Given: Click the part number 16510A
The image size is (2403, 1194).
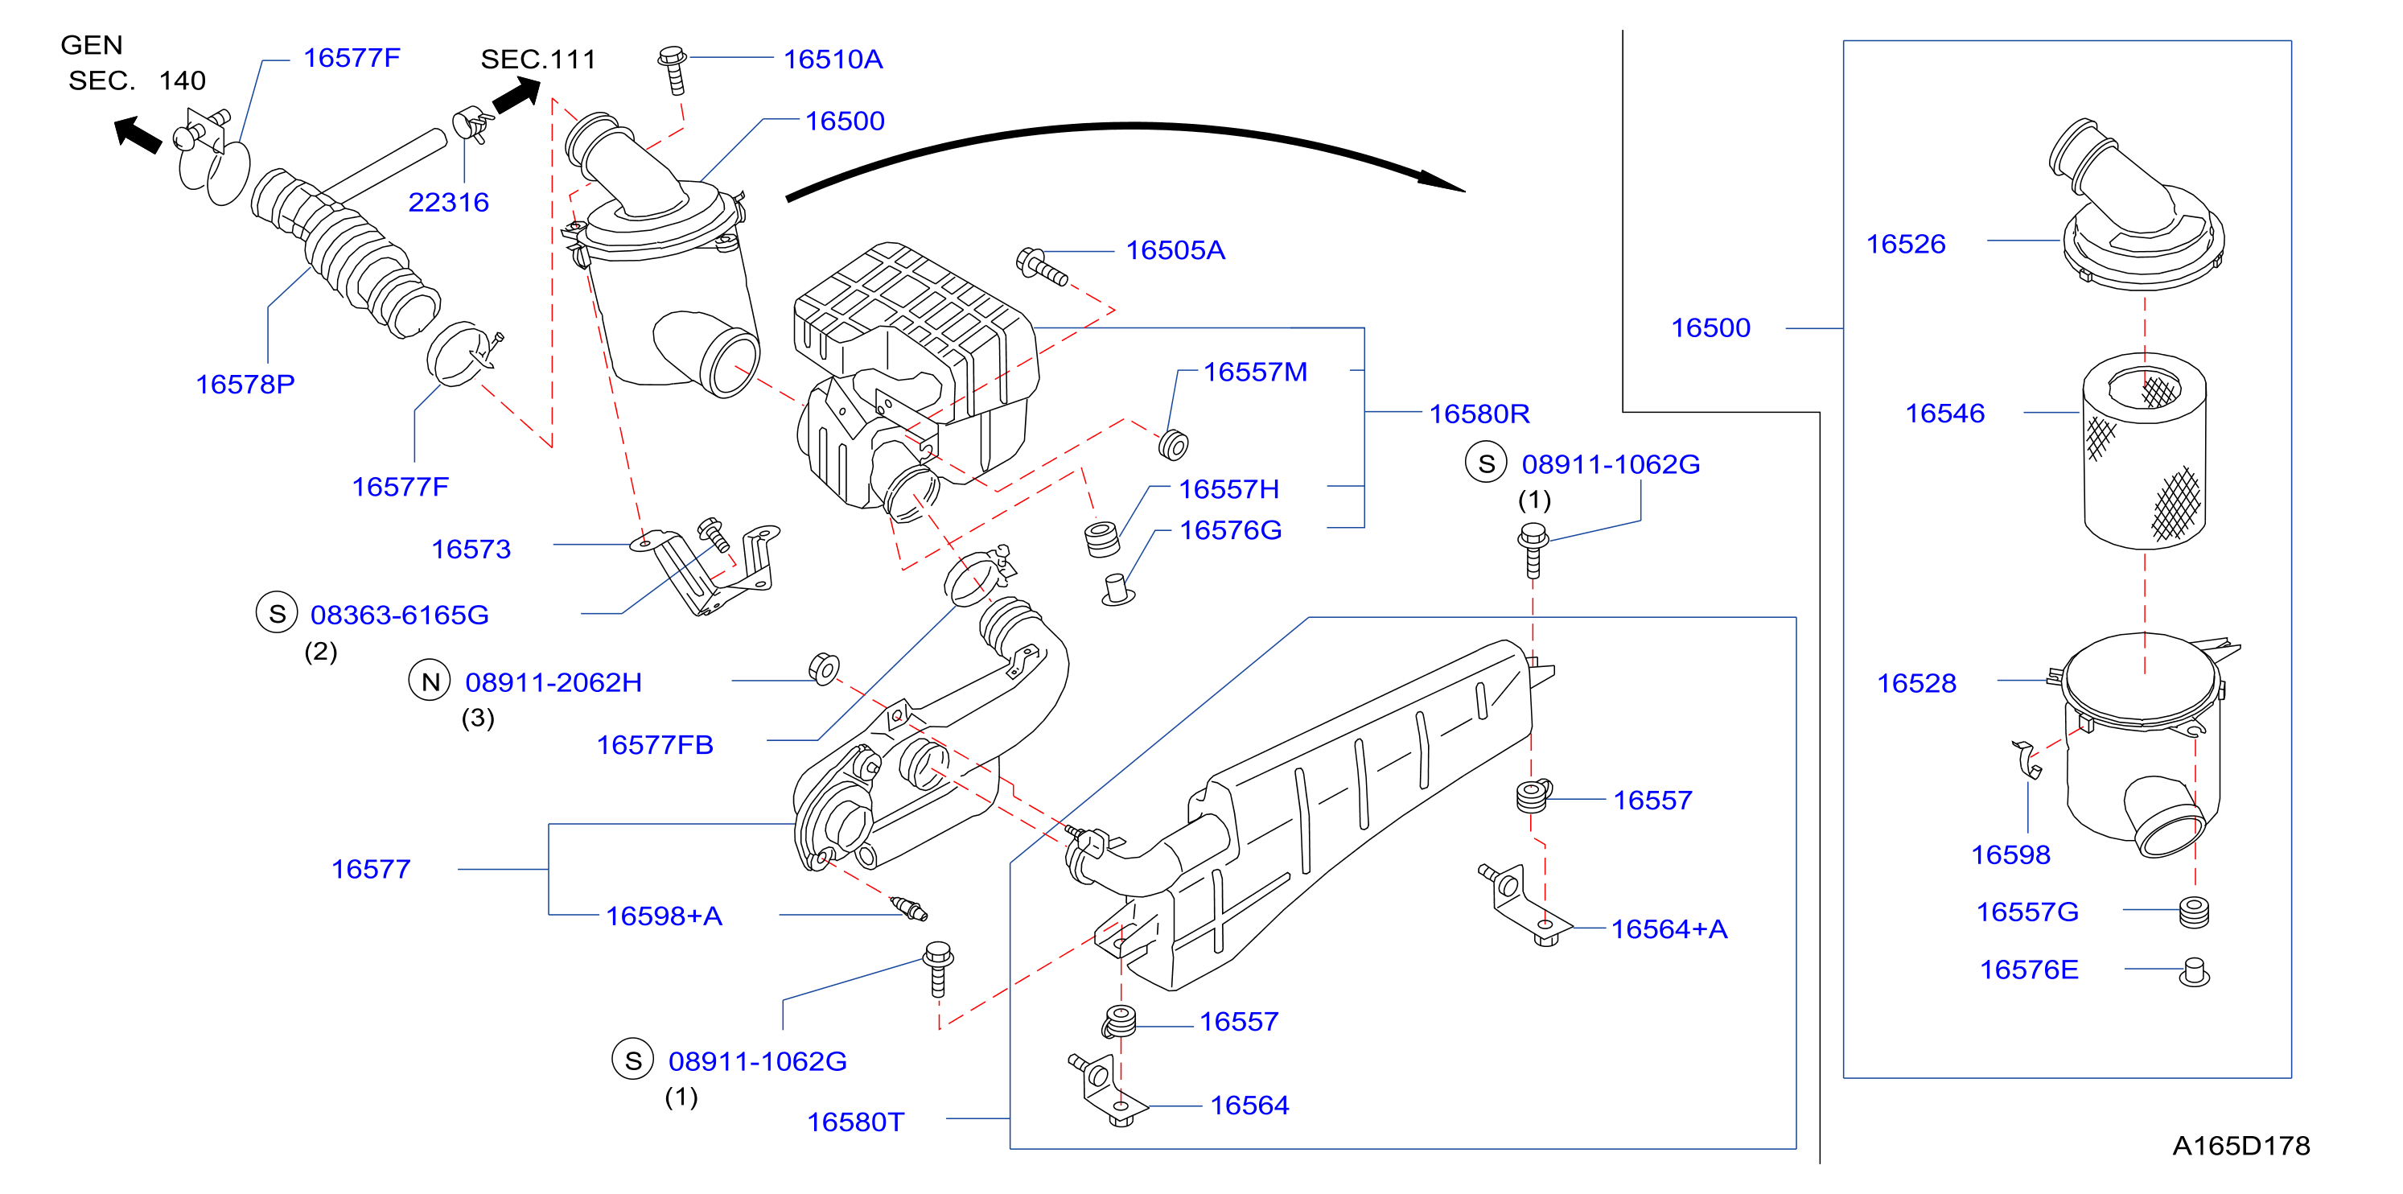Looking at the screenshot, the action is (832, 60).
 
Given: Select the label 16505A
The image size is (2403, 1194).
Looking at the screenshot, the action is (1175, 250).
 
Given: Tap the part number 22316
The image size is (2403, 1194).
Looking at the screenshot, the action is (448, 203).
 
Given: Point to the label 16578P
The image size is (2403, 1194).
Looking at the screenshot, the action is (245, 385).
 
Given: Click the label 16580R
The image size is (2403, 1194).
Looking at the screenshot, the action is (1479, 414).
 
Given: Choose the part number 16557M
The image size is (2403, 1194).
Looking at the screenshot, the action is (1255, 373).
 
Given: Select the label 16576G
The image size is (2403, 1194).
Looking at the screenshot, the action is (1229, 530).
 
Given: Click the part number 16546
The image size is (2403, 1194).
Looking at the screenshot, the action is (1944, 414).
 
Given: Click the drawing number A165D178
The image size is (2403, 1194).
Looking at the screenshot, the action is (2240, 1146).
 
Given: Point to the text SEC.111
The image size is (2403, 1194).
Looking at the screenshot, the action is (537, 60).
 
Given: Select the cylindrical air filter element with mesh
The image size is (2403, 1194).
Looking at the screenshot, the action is (2144, 451).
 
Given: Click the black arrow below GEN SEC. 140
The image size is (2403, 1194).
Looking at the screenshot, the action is (137, 134).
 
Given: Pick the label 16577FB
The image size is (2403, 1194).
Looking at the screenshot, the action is (654, 745).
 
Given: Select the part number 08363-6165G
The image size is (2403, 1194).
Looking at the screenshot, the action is (399, 615).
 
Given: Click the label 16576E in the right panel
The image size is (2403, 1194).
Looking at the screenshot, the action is (2029, 970).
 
